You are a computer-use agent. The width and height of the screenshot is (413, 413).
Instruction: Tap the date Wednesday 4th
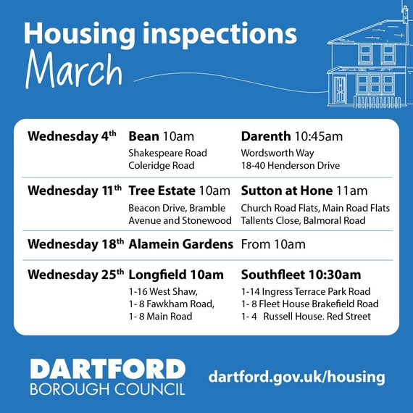pyautogui.click(x=71, y=136)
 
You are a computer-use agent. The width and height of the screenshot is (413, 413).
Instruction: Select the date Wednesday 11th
pyautogui.click(x=74, y=191)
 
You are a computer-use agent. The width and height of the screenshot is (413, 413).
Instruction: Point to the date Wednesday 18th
pyautogui.click(x=75, y=244)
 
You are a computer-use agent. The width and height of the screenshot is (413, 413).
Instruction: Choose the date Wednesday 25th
pyautogui.click(x=75, y=275)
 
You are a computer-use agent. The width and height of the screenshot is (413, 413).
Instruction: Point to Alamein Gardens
pyautogui.click(x=180, y=244)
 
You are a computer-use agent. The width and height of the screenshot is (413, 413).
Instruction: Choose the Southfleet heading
pyautogui.click(x=274, y=275)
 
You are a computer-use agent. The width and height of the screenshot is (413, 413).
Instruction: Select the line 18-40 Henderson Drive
pyautogui.click(x=290, y=165)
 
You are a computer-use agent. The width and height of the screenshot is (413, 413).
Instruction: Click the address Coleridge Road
pyautogui.click(x=161, y=165)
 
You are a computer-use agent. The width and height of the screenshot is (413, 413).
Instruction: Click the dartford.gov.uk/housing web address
pyautogui.click(x=296, y=377)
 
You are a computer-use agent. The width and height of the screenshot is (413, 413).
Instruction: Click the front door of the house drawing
pyautogui.click(x=341, y=89)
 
